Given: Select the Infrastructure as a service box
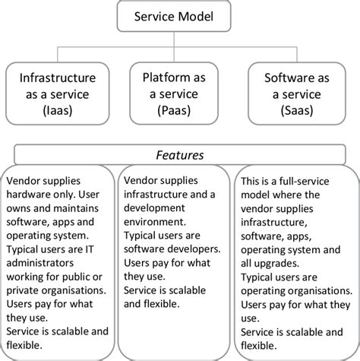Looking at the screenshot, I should [x=58, y=92].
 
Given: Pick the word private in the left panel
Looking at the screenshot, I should [x=25, y=290].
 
